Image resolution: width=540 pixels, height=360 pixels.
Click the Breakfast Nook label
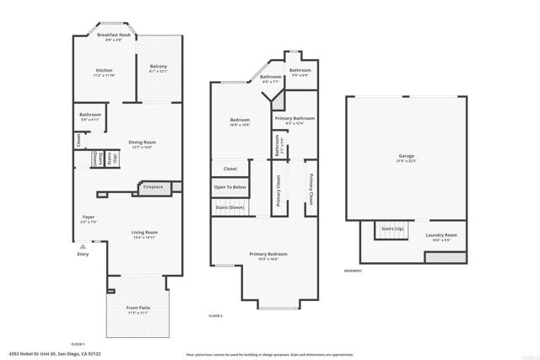point(113,36)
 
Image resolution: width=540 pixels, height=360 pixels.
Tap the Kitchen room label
point(104,71)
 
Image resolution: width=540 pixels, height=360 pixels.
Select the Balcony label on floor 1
point(159,67)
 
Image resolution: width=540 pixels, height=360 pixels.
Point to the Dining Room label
point(142,143)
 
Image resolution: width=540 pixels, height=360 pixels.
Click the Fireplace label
point(153,186)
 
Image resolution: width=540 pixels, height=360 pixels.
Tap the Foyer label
point(88,218)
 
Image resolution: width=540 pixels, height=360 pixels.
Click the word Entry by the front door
point(83,254)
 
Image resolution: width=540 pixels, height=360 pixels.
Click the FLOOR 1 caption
point(78,343)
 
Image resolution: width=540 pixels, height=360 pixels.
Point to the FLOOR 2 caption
point(215,315)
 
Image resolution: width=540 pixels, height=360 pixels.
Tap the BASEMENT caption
point(354,271)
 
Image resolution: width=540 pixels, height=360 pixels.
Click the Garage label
point(407,158)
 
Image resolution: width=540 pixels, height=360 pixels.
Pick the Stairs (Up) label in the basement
point(392,228)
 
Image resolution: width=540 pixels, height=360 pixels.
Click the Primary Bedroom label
point(267,254)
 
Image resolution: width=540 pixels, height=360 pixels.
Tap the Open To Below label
point(229,186)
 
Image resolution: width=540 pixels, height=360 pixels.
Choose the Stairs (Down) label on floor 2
point(229,207)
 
